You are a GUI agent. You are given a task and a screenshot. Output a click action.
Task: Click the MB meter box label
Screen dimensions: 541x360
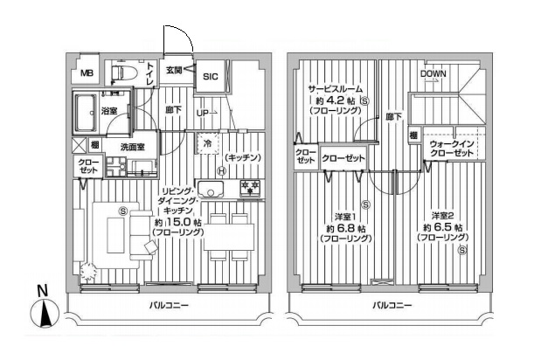coord(87,73)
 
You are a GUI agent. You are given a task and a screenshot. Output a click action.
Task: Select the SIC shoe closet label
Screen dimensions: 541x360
coord(211,76)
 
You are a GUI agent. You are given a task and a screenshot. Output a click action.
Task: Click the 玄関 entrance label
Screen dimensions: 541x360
coord(174,70)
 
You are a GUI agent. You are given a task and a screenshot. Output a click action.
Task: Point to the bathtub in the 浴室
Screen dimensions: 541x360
coord(86,113)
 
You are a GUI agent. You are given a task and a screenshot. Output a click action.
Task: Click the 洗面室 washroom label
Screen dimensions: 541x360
coord(133,148)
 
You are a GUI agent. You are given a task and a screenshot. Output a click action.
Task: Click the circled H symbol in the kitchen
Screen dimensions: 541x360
coord(221,170)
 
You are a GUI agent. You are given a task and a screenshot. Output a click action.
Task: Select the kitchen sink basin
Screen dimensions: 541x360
coord(211,189)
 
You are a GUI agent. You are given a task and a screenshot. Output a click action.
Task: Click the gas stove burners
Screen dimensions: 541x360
coord(251,188)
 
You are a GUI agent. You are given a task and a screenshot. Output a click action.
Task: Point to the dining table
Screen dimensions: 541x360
coord(229,237)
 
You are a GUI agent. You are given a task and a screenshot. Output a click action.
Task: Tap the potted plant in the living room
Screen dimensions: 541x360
coord(88,272)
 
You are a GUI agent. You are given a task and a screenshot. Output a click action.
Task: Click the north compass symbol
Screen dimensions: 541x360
coord(45,313)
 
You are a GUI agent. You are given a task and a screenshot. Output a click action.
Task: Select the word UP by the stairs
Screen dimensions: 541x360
coord(203,113)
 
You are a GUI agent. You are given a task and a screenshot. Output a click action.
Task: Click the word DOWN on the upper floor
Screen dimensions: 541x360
coord(433,73)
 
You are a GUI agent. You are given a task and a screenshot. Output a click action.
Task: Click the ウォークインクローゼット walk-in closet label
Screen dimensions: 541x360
coord(451,149)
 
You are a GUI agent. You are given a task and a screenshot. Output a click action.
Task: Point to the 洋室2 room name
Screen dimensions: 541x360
coord(442,216)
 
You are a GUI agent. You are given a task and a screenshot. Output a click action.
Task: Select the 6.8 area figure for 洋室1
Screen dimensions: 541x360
coord(346,228)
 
